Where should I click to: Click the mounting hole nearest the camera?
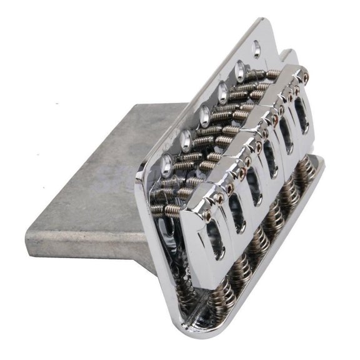coord(167,164)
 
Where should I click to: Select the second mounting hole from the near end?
coord(186,139)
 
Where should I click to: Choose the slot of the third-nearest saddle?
coord(255,187)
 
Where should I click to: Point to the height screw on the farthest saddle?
coord(304,76)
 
